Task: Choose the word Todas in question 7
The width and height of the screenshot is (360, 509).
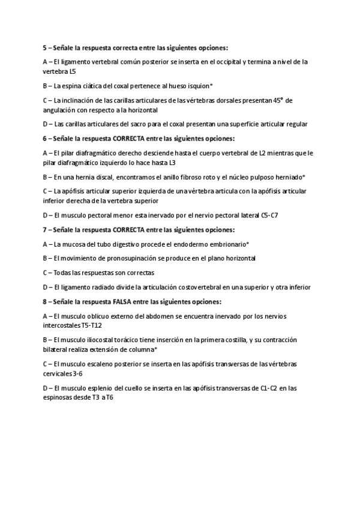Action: (62, 273)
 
